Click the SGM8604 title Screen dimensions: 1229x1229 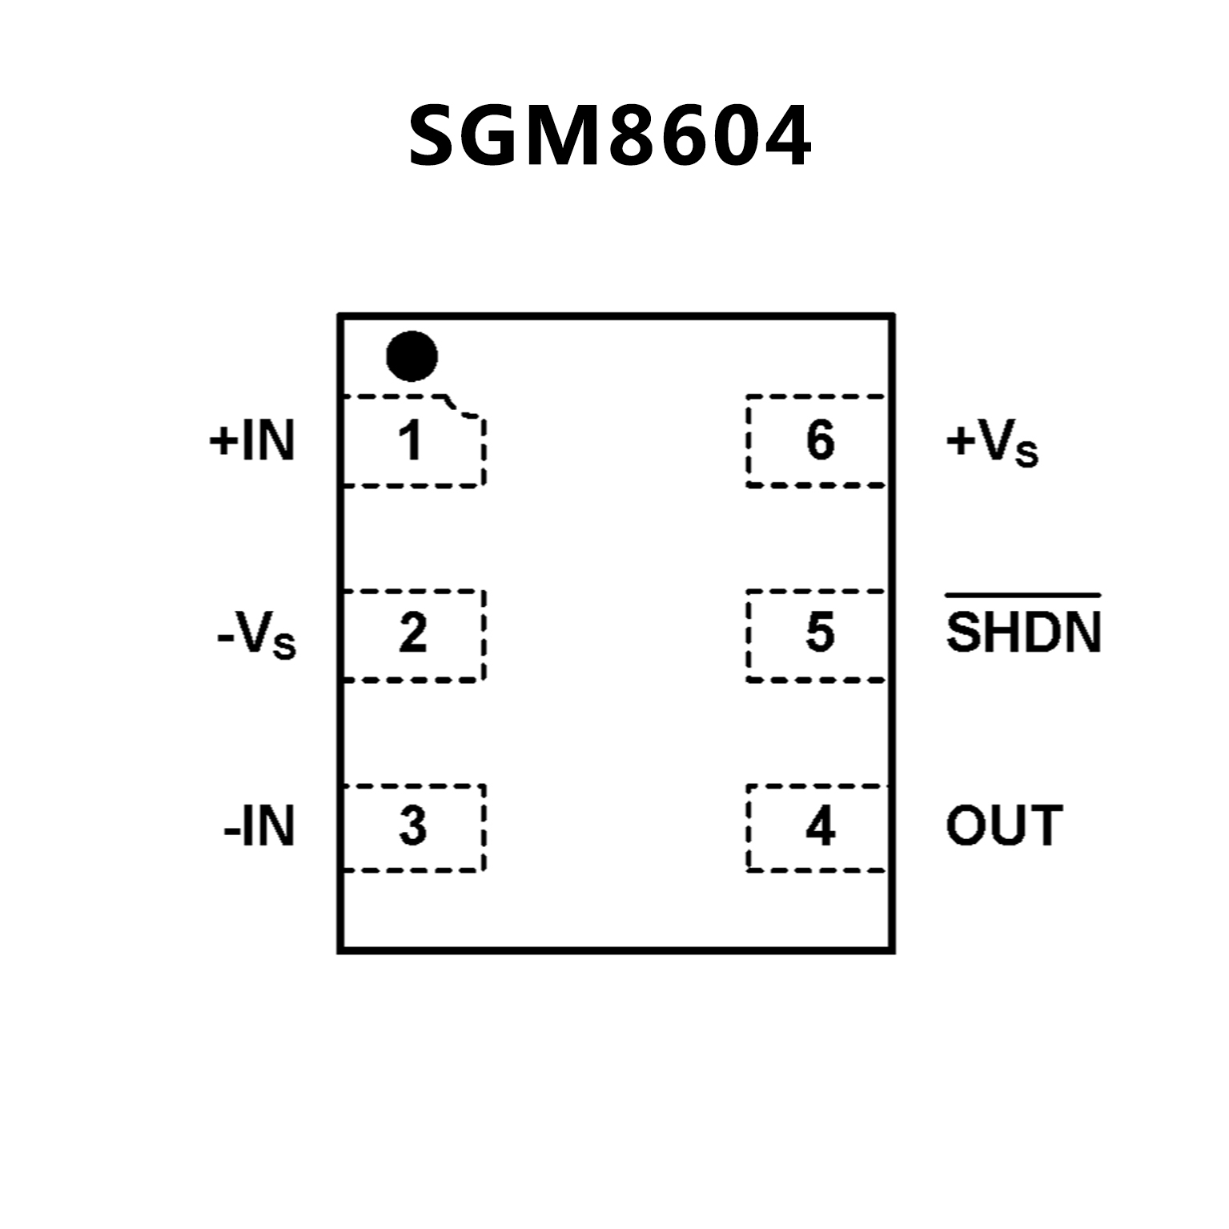pos(610,137)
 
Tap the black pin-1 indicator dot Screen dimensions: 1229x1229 pos(412,356)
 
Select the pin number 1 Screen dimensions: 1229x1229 pos(411,440)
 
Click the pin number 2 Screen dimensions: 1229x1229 pos(412,633)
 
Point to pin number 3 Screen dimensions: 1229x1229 pos(412,826)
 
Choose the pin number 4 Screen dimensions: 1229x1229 pos(820,826)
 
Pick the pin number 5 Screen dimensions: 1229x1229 pos(820,633)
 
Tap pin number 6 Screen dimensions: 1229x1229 pos(820,440)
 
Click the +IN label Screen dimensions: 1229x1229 pos(251,440)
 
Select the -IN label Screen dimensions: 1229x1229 pos(259,826)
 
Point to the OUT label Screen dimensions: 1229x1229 pos(1004,825)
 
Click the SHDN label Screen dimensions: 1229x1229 pos(1023,632)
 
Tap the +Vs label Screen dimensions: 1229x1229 pos(992,443)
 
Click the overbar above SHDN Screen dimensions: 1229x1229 pos(1023,596)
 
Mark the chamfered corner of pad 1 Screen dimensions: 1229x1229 pos(463,408)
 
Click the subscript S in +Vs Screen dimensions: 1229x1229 pos(1026,454)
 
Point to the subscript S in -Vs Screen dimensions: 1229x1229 pos(284,646)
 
